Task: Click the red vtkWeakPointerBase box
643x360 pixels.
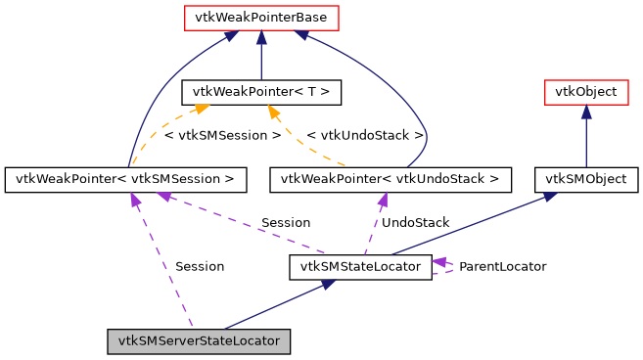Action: (260, 18)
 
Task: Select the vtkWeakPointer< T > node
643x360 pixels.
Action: (261, 93)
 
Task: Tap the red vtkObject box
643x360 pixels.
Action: (585, 93)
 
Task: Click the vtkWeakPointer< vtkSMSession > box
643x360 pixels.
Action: (125, 179)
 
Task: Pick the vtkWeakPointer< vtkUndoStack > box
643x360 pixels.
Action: (390, 179)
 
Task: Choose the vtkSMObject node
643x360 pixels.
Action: (585, 179)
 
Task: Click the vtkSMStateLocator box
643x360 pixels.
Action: (360, 266)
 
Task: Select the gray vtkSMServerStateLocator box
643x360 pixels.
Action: (200, 341)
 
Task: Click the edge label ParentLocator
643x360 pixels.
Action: (502, 266)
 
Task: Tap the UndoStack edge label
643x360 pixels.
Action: (415, 223)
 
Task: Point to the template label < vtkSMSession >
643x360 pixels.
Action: (223, 135)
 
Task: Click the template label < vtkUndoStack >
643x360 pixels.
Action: (365, 135)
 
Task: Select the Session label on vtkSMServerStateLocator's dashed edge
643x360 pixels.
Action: (200, 266)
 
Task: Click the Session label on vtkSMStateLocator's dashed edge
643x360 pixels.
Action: (286, 223)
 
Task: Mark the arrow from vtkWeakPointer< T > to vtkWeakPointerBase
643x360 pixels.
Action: (261, 55)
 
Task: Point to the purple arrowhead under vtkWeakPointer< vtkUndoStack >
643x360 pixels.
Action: (383, 200)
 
